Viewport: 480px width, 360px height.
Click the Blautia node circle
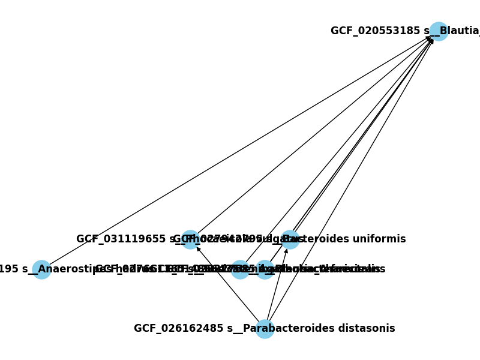(439, 31)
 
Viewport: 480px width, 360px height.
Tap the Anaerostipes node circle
(41, 269)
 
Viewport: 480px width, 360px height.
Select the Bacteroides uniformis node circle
(290, 239)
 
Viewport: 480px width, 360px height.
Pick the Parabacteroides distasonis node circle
(265, 329)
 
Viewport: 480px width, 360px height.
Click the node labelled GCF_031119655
(190, 239)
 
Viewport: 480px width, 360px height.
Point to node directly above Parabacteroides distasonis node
(265, 269)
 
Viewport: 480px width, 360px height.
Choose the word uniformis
(382, 239)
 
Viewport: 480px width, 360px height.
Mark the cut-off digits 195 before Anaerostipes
(8, 269)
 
